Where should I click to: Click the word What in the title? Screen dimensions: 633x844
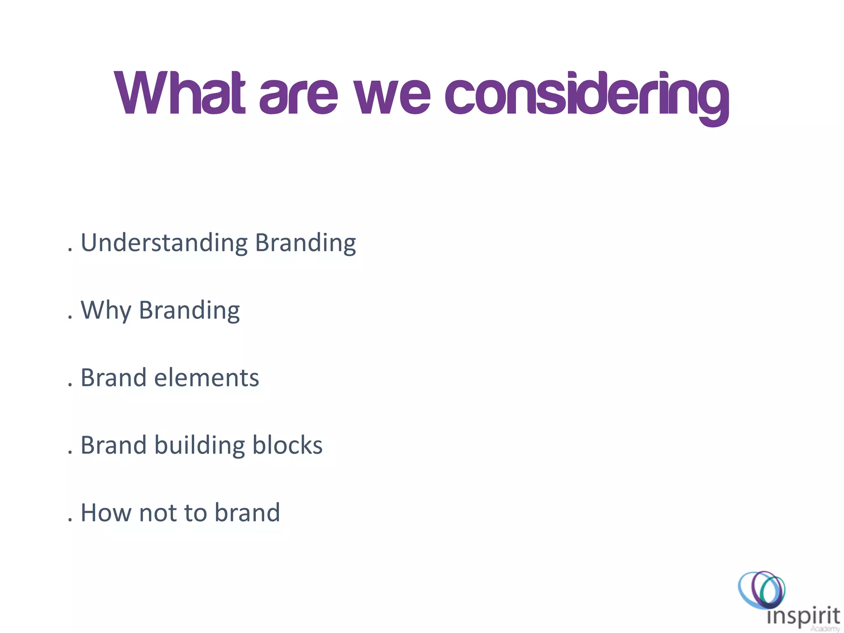pos(180,93)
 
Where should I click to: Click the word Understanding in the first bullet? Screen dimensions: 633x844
pos(164,242)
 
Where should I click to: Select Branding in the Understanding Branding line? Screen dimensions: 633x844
pos(305,243)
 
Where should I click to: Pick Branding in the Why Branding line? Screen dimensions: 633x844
pos(189,310)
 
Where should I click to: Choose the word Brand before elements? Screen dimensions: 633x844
pos(113,377)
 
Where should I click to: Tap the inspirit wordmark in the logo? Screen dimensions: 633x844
pos(803,617)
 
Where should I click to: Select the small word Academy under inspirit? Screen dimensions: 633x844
pos(825,629)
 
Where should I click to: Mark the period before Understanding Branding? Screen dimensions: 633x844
pos(70,250)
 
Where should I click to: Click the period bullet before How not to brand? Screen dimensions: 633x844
pos(70,520)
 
